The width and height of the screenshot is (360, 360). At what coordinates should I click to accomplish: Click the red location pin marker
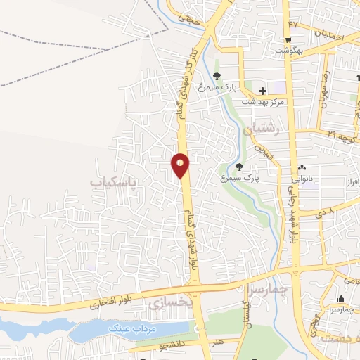[x=180, y=165]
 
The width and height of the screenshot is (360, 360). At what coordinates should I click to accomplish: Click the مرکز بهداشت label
[x=262, y=102]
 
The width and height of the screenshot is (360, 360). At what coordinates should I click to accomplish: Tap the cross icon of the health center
[x=262, y=91]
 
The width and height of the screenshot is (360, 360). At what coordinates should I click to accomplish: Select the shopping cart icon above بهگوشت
[x=288, y=39]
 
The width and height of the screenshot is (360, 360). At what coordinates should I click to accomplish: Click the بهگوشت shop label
[x=288, y=51]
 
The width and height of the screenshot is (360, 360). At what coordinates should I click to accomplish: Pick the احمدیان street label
[x=329, y=33]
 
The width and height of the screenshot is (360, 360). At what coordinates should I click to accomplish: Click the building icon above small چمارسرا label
[x=342, y=298]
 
